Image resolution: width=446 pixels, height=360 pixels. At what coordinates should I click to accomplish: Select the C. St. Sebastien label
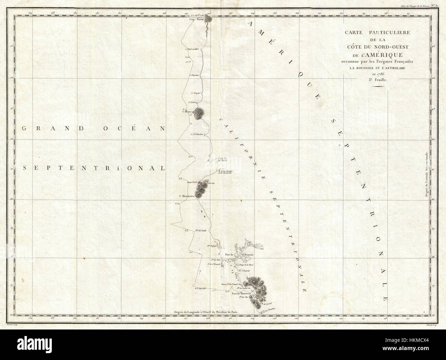(x=198, y=134)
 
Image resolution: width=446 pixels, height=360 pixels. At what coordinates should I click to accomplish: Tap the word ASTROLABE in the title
(x=394, y=67)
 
